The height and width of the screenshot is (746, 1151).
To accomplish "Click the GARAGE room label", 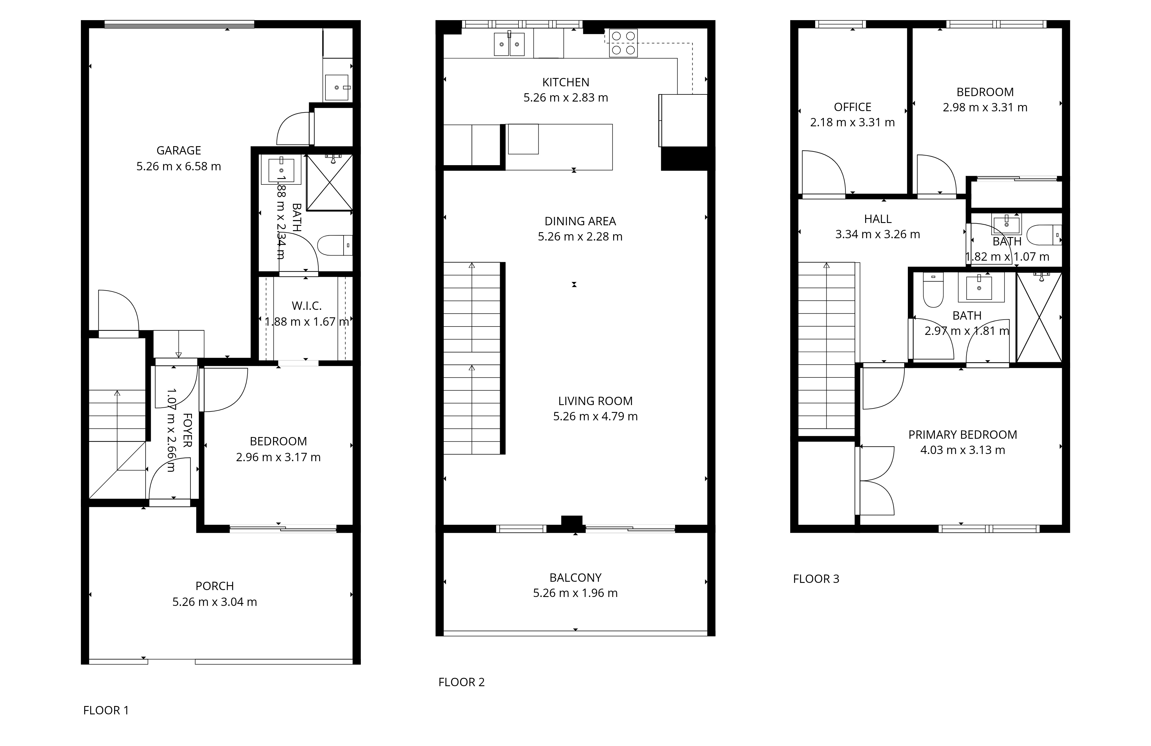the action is (178, 150).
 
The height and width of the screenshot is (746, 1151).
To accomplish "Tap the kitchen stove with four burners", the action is (623, 43).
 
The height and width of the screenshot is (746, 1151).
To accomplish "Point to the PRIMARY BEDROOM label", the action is (963, 435).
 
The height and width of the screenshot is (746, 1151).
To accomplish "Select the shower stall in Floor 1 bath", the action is (329, 182).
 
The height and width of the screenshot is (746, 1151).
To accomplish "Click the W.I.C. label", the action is (307, 306).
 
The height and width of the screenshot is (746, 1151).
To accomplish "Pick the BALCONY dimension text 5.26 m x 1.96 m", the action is (575, 593).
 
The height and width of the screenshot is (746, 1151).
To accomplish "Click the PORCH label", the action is (215, 586).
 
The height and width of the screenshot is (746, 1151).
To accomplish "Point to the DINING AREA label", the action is (580, 222).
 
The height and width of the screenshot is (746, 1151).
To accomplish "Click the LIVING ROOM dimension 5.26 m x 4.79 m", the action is (595, 416).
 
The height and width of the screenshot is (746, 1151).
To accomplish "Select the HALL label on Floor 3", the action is (878, 219).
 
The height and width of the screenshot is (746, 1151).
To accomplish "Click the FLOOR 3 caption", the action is (816, 579).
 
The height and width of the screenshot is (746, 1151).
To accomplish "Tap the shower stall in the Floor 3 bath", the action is (1039, 317).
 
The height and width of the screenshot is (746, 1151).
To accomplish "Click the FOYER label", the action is (188, 430).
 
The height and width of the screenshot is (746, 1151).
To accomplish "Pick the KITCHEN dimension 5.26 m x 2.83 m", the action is (566, 98).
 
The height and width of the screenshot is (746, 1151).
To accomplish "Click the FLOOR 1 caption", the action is (106, 710).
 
